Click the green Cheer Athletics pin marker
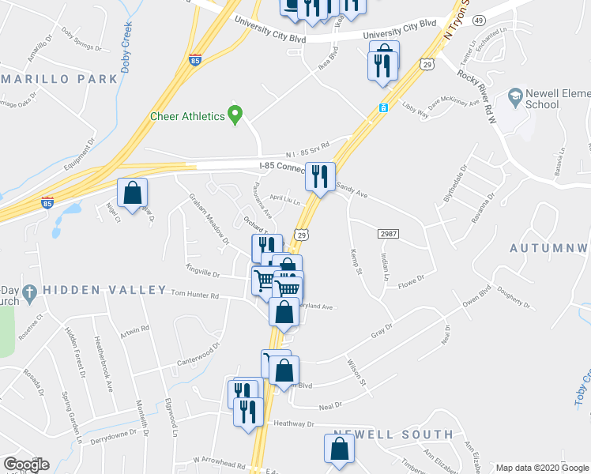click(235, 115)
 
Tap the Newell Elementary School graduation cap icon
click(517, 98)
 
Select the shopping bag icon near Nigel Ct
click(133, 192)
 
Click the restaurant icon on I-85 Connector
click(320, 176)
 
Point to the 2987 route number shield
click(388, 234)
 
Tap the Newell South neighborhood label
click(393, 434)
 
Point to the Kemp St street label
click(356, 261)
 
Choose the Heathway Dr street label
click(294, 423)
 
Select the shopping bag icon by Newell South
click(339, 449)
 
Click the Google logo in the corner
click(26, 465)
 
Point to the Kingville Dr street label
click(202, 273)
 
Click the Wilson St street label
click(358, 372)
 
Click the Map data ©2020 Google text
click(541, 468)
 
